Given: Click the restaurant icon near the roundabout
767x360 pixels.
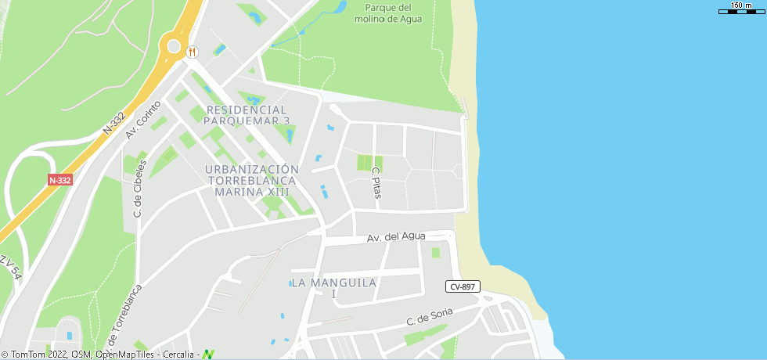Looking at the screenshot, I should pos(193,52).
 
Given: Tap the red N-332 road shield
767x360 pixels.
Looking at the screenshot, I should pos(59,180).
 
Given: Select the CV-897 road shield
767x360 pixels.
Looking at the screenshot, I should pos(463,286).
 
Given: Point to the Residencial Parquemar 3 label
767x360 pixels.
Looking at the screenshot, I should pos(247,115).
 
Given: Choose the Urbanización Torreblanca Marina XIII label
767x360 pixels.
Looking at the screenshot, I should pos(252,180).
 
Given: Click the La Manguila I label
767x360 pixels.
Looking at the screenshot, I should pos(333,288).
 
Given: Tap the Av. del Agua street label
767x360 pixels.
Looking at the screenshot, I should pos(397,236).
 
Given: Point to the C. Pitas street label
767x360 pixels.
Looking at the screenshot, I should pos(376,182).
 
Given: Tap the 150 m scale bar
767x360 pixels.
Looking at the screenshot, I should pos(740,10).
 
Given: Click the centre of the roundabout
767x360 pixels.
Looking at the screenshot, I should pos(172,45).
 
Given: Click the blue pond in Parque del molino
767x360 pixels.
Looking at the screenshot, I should pos(340,8).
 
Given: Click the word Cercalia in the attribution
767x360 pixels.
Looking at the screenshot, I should pos(179,355).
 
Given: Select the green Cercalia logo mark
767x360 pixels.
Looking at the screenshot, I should pos(208,354).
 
